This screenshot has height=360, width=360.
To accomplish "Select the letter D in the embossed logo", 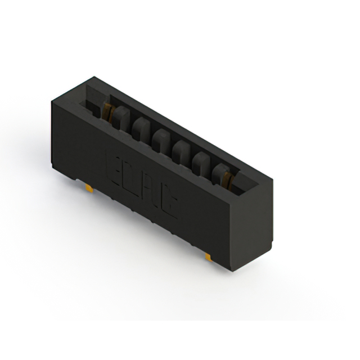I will click(130, 177).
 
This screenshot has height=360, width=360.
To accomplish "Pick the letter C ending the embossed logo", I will click(174, 206).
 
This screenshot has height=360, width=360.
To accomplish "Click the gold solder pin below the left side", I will click(89, 187).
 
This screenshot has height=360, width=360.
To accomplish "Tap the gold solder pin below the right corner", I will click(208, 256).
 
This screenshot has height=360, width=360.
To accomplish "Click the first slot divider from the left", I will click(120, 117).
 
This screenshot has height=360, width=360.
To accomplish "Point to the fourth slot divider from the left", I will click(181, 150).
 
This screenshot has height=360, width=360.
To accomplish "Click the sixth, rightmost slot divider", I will click(218, 172).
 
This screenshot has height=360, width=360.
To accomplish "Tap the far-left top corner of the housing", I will click(52, 101).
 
